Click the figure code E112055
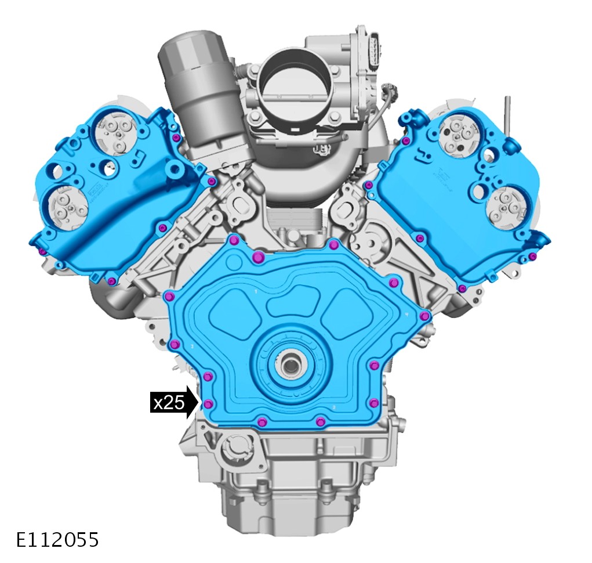[57, 540]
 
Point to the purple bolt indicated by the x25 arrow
[208, 405]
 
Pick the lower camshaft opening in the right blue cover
[507, 206]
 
